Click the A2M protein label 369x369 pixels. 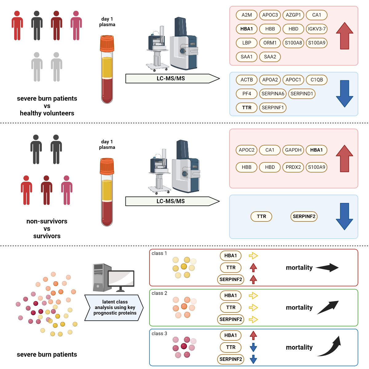[247, 15]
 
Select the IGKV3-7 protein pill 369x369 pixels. [317, 29]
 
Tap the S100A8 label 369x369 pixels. [293, 43]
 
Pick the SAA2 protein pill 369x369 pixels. [270, 57]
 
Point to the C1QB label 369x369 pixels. [317, 80]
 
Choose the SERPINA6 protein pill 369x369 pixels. [273, 93]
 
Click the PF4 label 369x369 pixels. [247, 93]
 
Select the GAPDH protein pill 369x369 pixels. [293, 150]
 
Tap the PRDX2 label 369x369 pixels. [293, 167]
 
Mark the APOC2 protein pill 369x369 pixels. [247, 150]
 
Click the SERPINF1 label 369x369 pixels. [273, 108]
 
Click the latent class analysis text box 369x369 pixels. [114, 307]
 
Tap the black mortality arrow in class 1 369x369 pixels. [327, 268]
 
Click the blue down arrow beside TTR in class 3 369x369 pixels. [253, 347]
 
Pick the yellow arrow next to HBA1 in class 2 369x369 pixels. [253, 296]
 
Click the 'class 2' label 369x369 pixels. [159, 293]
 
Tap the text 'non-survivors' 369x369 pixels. [47, 221]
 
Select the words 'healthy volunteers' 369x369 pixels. [47, 113]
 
